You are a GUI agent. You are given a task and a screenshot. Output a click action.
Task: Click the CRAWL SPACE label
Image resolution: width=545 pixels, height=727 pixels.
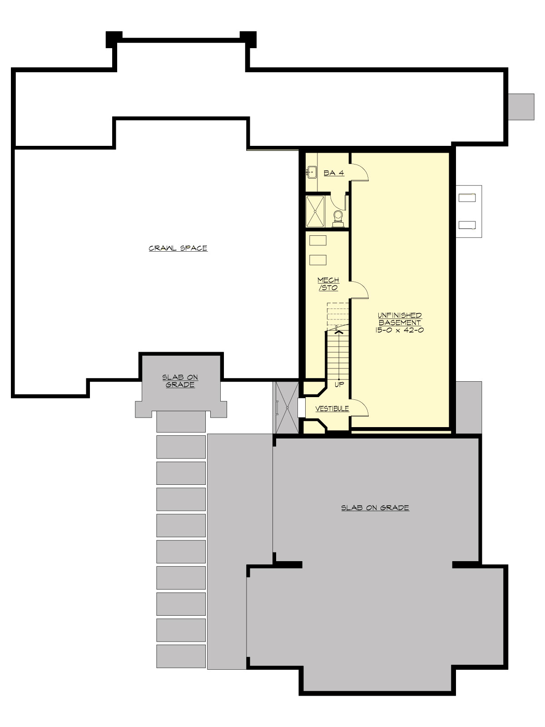coord(178,248)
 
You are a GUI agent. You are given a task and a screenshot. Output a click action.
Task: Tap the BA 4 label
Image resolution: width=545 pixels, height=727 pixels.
coord(334,173)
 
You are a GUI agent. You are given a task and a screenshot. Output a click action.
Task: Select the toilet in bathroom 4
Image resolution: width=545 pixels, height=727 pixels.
coord(338,218)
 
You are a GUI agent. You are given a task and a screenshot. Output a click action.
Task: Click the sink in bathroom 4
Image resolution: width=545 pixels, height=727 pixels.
coord(312,172)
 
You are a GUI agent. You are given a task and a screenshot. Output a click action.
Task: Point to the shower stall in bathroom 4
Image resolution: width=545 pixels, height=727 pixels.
coord(316,211)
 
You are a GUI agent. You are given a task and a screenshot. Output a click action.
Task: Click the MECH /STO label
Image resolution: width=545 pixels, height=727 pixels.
coord(328,284)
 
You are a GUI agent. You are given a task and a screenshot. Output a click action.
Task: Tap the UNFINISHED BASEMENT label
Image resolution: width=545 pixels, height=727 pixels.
coord(400,319)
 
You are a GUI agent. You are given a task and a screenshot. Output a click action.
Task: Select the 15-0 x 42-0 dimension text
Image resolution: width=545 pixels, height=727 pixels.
coord(400,330)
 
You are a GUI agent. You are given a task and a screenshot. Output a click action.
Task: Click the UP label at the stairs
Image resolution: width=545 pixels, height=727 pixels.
coord(339,384)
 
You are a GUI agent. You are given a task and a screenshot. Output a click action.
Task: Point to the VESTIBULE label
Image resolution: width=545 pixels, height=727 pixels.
coord(332,408)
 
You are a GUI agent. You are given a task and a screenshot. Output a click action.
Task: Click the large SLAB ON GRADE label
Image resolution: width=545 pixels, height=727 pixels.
coord(375,508)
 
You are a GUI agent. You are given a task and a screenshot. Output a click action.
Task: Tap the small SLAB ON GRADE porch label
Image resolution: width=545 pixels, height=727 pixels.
coord(180,381)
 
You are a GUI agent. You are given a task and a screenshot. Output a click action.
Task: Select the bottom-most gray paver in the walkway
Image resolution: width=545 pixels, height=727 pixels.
coord(181,656)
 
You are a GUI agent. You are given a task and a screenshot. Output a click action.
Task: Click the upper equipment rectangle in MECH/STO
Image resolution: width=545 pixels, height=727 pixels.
coord(317,240)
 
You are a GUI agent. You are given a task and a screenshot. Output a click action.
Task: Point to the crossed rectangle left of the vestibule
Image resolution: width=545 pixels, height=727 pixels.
coord(286,408)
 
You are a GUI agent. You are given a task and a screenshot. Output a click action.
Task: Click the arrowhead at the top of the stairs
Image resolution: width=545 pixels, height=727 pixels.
coord(338,331)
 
